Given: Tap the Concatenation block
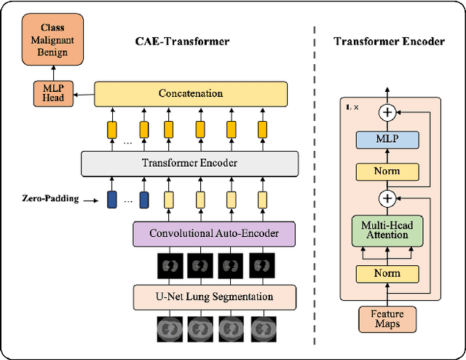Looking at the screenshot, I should (190, 94).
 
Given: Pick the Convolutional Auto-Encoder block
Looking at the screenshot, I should (214, 234).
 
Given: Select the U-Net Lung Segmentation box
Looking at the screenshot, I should (214, 297).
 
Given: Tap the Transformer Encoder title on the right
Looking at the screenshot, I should (389, 42).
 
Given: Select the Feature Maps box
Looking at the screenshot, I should (387, 318).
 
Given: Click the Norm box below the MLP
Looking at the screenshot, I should (387, 172).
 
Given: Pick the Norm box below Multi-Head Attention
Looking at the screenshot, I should (387, 274).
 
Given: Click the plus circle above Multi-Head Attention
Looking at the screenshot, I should (387, 198).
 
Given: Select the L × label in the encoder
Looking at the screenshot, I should (352, 107).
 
